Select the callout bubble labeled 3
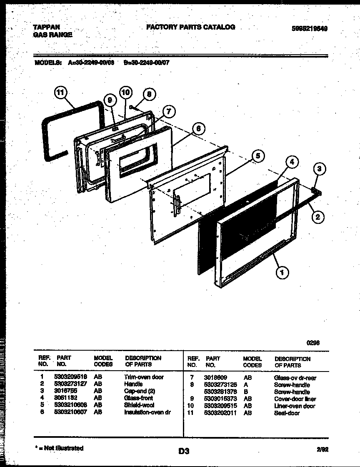(319, 169)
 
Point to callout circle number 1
(282, 273)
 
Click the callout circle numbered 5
(258, 156)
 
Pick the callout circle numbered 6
(199, 129)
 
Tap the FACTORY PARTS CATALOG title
(190, 27)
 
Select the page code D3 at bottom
(184, 451)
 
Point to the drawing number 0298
(313, 343)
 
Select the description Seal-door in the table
(287, 413)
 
